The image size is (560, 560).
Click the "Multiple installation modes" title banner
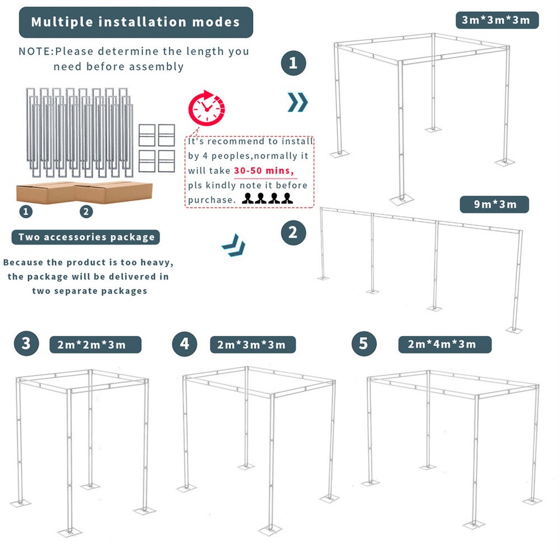click(x=135, y=22)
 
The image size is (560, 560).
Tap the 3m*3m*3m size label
click(x=496, y=20)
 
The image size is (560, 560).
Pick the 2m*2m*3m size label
click(x=92, y=344)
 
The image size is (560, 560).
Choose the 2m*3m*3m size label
click(x=252, y=344)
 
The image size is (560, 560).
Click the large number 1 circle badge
click(x=293, y=62)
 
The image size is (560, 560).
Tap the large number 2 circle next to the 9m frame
click(x=293, y=233)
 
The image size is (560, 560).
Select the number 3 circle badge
click(x=26, y=343)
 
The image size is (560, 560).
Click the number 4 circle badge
click(x=185, y=344)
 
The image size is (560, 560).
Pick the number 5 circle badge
click(x=364, y=344)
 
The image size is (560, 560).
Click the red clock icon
click(x=206, y=108)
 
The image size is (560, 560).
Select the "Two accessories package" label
click(x=86, y=237)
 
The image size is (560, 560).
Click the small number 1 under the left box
click(x=25, y=211)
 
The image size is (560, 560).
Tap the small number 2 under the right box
click(x=86, y=211)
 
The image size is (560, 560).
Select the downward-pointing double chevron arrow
click(x=234, y=246)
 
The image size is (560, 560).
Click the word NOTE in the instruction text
click(x=36, y=51)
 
